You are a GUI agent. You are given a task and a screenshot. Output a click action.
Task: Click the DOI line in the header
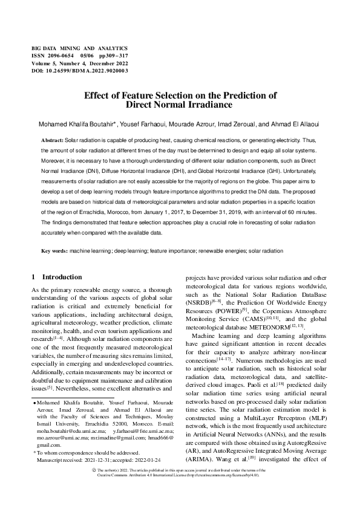[79, 70]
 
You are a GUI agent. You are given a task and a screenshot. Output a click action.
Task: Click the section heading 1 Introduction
[56, 277]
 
